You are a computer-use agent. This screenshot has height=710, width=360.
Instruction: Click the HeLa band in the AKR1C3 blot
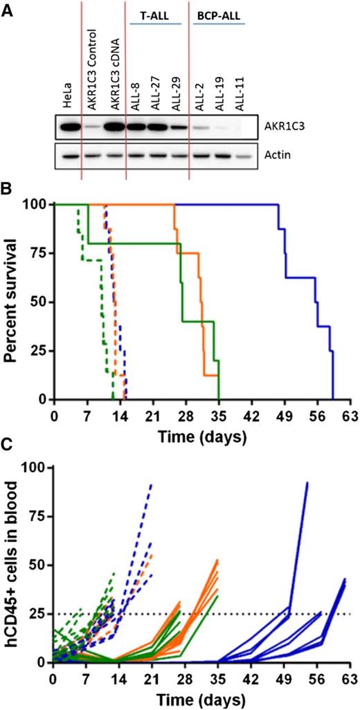tap(67, 129)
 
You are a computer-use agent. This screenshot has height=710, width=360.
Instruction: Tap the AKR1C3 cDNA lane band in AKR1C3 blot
tap(113, 129)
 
